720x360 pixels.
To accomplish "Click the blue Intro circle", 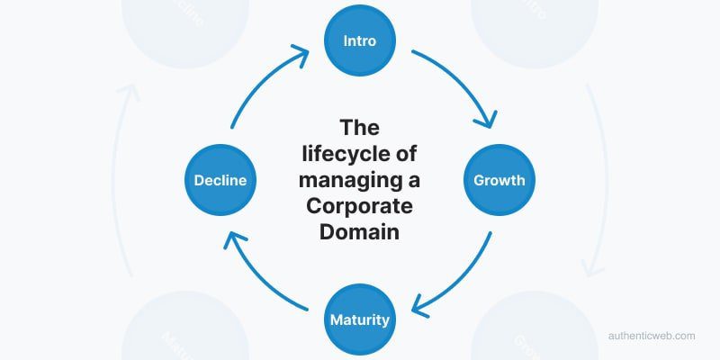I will (359, 41).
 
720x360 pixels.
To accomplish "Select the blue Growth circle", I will (499, 180).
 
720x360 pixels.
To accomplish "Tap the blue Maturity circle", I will (359, 319).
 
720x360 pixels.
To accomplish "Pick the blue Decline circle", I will (220, 180).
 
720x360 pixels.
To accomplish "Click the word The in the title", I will (359, 128).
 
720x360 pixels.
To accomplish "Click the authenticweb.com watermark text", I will (651, 336).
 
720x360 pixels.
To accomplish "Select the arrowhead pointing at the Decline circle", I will (231, 238).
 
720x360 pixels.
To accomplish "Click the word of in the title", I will (407, 154).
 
